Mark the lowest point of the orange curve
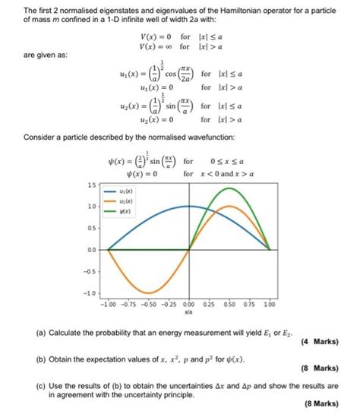point(150,292)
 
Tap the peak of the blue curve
point(190,207)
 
